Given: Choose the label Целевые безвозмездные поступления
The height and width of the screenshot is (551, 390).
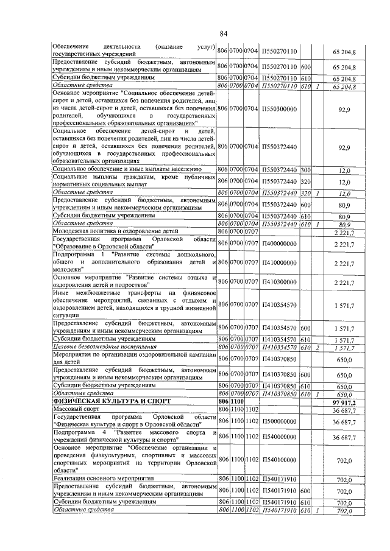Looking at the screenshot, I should tap(102, 347).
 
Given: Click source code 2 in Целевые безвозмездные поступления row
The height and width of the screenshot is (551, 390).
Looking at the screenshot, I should tap(318, 347).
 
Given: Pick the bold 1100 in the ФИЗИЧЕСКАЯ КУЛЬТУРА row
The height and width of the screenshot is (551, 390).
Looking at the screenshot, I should tap(236, 402).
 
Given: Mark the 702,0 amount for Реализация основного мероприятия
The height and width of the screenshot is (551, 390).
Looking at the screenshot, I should tap(345, 480).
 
